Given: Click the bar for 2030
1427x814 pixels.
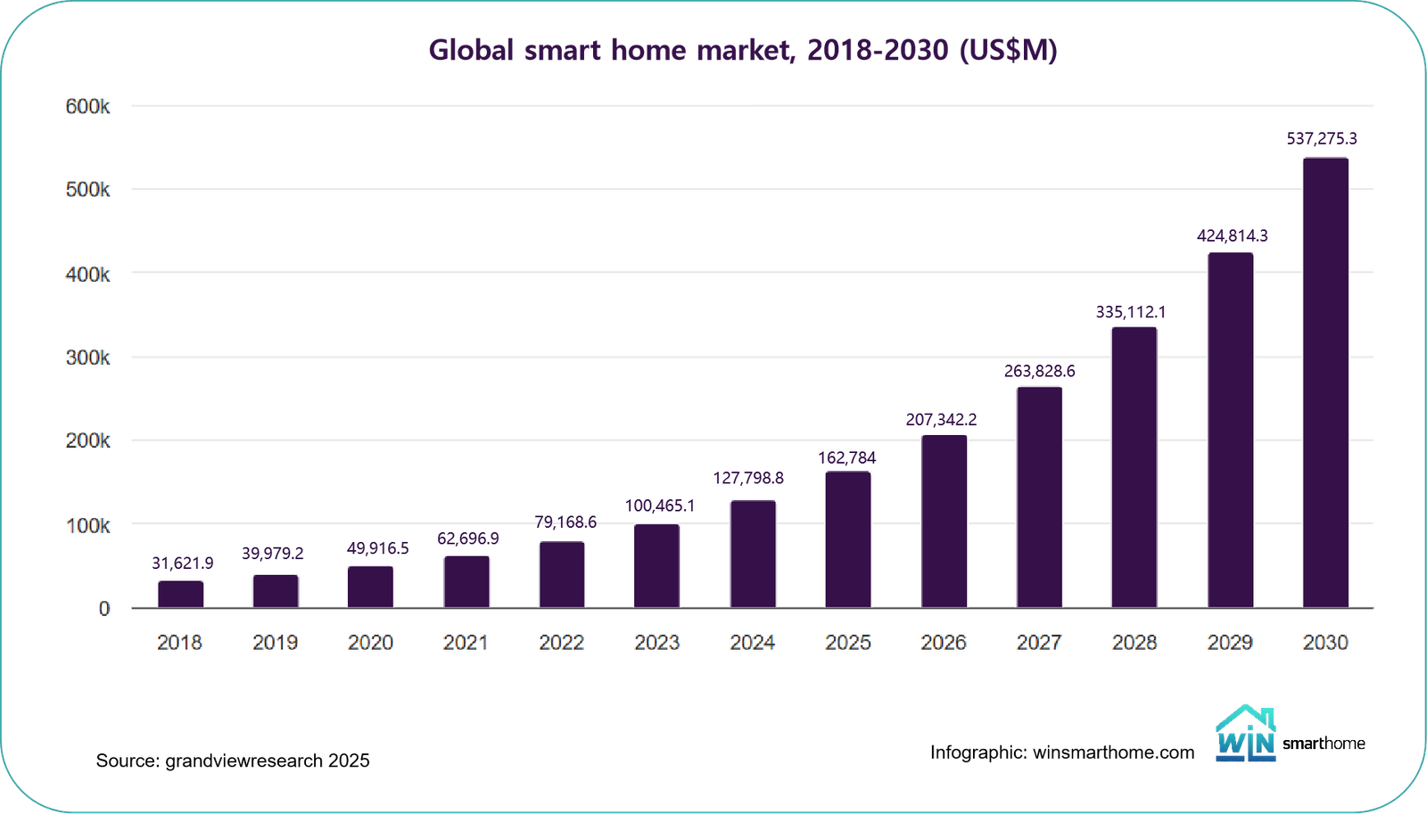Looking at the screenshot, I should [x=1325, y=383].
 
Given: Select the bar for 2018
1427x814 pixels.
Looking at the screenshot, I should [x=181, y=595].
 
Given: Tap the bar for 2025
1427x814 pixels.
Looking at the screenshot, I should [x=847, y=540].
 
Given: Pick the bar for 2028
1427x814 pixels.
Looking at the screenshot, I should [x=1134, y=468].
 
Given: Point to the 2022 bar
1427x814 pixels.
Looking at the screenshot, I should [x=562, y=575].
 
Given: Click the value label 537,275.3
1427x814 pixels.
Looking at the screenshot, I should [x=1322, y=138].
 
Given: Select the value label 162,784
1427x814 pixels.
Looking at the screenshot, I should [x=847, y=457].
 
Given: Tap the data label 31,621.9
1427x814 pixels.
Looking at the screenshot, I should [x=183, y=563].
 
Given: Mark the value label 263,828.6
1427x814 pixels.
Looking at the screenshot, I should [x=1039, y=371].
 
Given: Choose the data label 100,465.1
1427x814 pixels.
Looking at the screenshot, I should [x=659, y=506].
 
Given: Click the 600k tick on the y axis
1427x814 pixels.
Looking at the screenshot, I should [x=87, y=107].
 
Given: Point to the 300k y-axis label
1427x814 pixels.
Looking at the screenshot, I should [x=87, y=358].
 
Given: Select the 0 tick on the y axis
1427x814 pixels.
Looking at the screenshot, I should [x=104, y=608].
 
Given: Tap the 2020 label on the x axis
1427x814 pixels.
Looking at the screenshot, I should [x=370, y=642].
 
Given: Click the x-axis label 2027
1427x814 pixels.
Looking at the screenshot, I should [x=1039, y=642].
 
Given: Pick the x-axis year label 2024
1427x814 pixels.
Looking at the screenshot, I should [x=752, y=642].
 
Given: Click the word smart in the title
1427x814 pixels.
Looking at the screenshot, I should [x=563, y=50].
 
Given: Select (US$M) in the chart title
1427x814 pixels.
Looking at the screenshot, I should [x=1008, y=50].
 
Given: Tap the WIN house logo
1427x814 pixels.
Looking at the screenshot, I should [x=1246, y=736].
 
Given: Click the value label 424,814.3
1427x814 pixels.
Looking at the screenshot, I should [x=1232, y=235].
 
